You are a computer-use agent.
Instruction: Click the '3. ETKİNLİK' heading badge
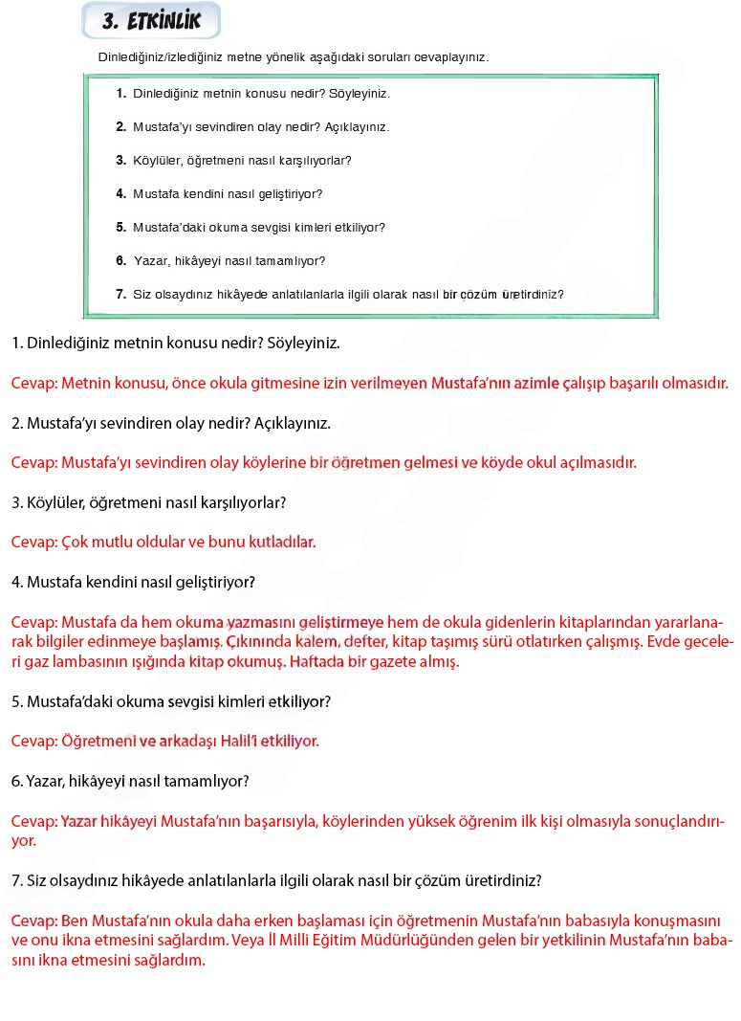(x=151, y=21)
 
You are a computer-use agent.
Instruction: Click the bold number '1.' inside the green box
(x=121, y=94)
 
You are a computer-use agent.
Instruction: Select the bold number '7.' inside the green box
(x=121, y=295)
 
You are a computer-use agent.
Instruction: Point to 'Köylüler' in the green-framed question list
(x=156, y=161)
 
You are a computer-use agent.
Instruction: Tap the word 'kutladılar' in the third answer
(x=282, y=543)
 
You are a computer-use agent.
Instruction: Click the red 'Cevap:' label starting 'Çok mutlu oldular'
(x=34, y=543)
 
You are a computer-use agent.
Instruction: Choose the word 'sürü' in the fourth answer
(x=497, y=642)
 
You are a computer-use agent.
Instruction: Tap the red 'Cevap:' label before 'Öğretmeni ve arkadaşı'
(x=34, y=742)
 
